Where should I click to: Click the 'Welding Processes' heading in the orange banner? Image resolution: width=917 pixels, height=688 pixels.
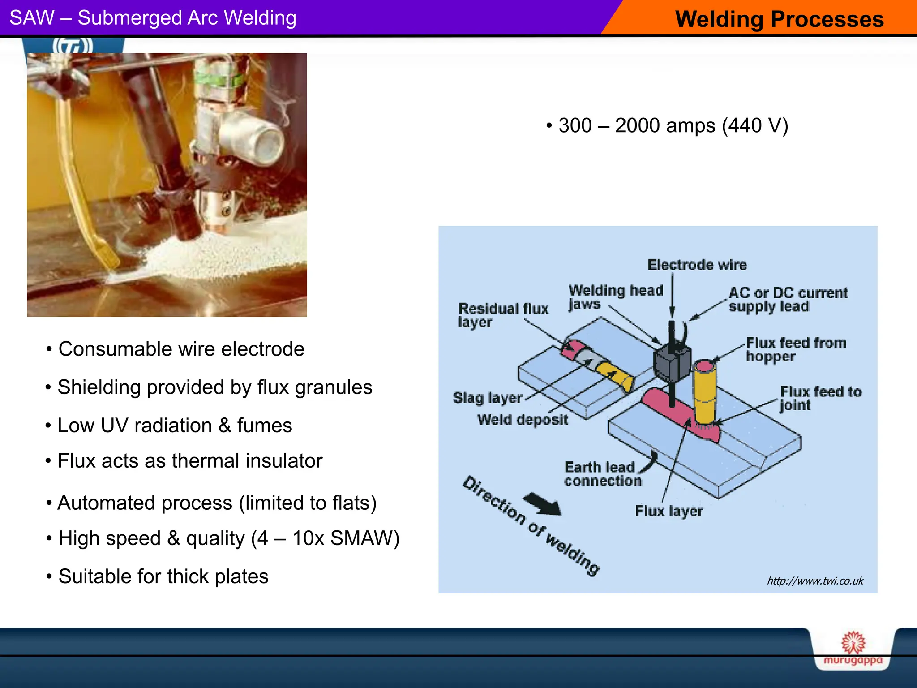[x=779, y=20]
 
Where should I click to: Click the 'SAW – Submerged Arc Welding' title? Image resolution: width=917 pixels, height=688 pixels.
[x=153, y=18]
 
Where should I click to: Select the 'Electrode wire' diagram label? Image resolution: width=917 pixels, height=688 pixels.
[x=697, y=265]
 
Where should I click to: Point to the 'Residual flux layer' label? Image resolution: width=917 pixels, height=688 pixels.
[x=502, y=315]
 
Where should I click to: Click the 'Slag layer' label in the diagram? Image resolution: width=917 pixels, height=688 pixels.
[x=488, y=398]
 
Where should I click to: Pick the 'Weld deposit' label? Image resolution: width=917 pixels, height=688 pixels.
[x=522, y=420]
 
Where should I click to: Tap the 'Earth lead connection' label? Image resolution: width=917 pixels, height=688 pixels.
[x=602, y=474]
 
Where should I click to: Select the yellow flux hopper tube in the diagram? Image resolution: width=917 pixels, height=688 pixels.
[x=705, y=394]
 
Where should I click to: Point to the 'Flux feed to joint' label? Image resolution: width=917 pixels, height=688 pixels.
[x=820, y=398]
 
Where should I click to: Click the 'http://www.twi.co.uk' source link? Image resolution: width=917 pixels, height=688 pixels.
[x=815, y=581]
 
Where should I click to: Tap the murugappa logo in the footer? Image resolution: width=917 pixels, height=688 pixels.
[x=853, y=649]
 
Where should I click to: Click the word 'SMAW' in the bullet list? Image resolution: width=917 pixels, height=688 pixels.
[x=360, y=538]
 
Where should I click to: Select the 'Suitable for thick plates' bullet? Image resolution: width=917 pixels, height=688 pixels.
[x=163, y=576]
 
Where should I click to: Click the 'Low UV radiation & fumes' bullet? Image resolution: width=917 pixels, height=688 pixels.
[x=175, y=426]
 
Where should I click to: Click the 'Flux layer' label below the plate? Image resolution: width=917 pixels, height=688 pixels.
[x=668, y=511]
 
